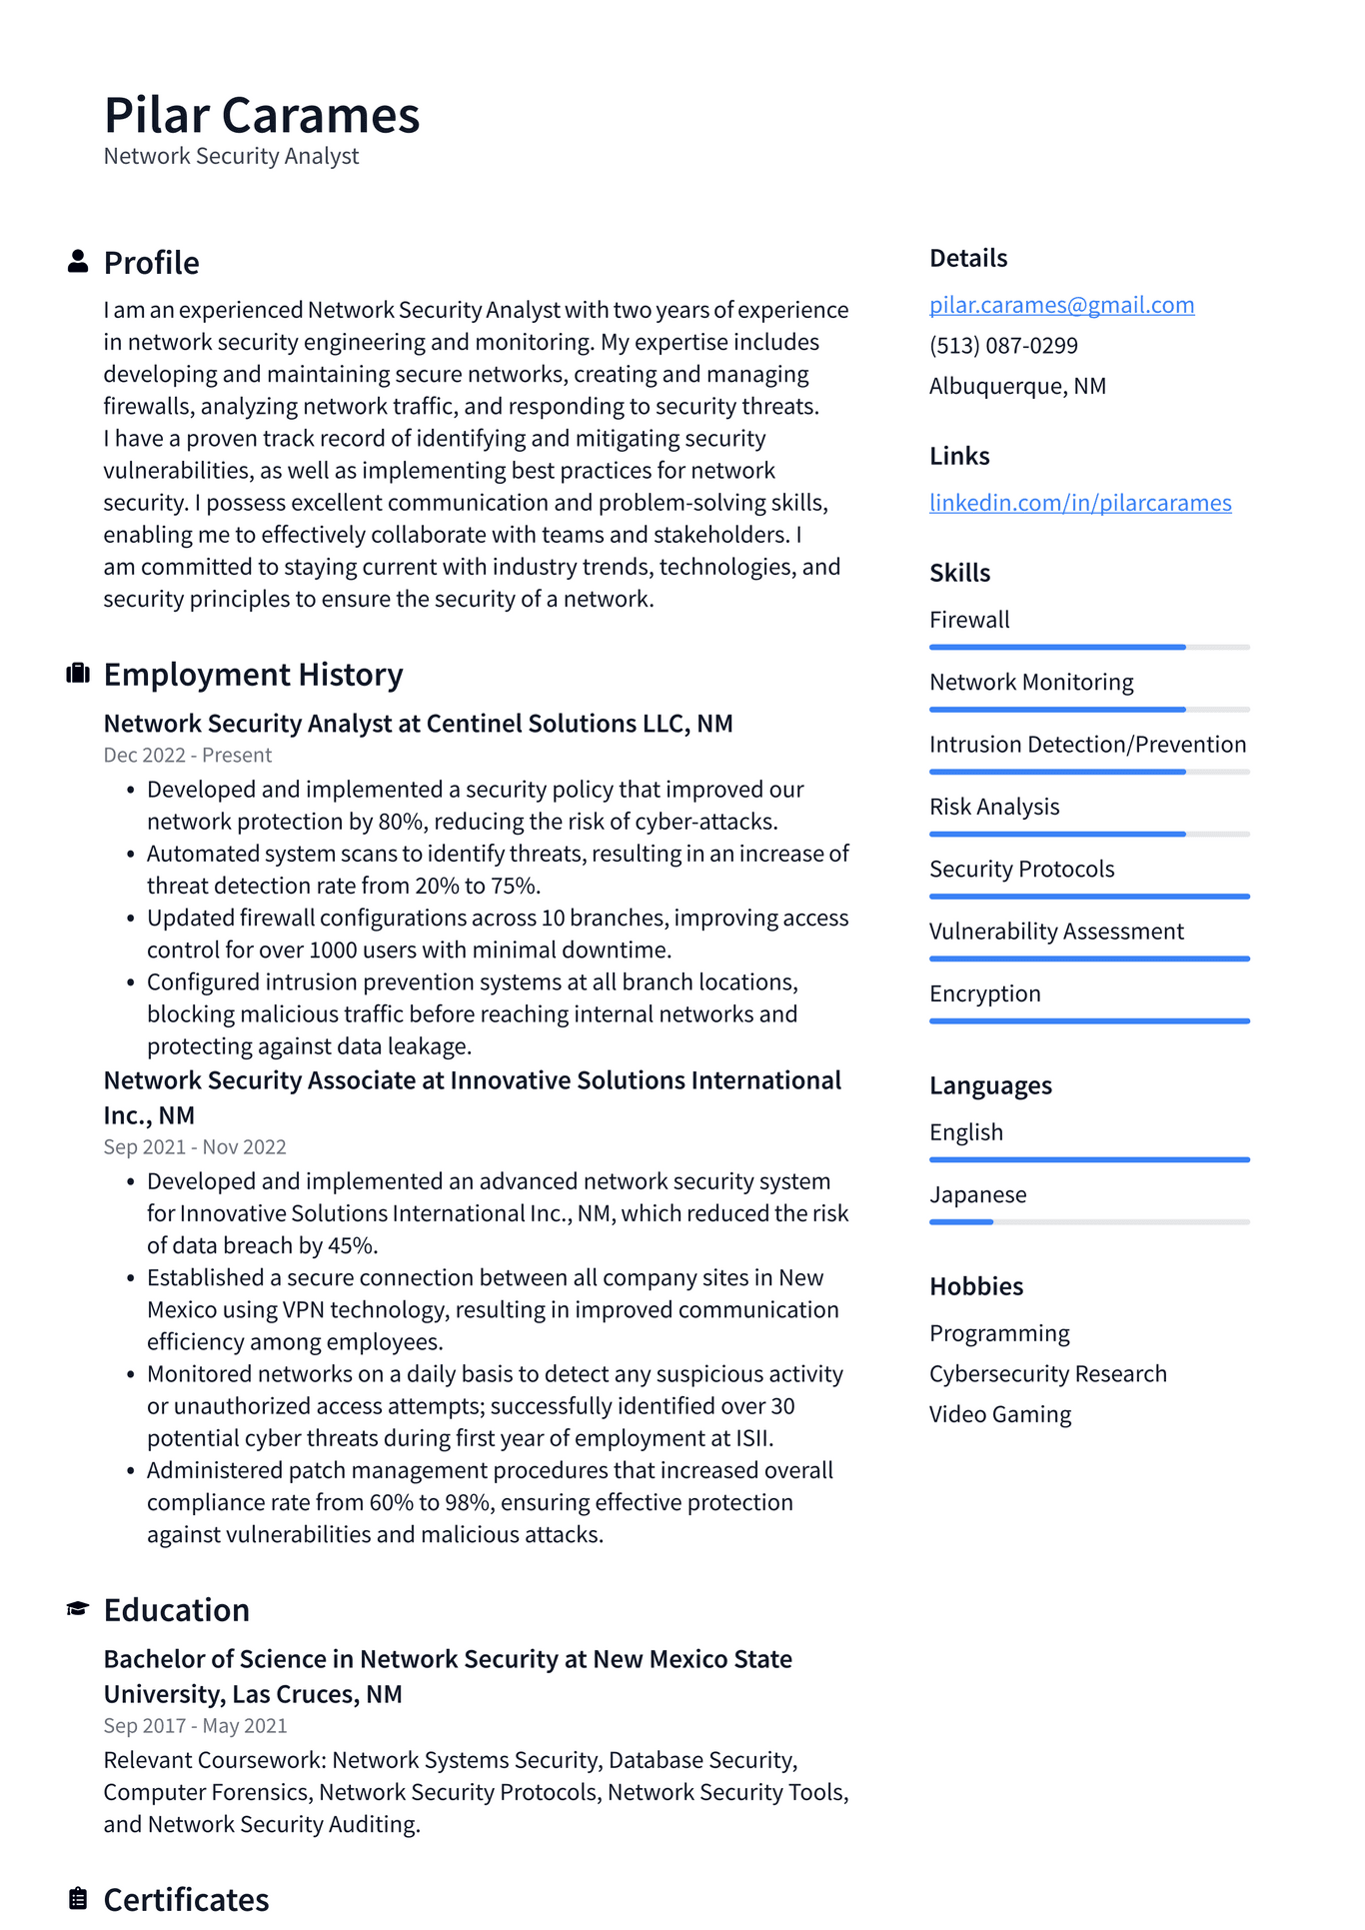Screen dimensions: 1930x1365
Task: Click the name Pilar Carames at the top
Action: [262, 115]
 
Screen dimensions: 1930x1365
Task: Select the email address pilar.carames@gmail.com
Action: [1061, 305]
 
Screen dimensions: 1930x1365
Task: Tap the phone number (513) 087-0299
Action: [1003, 346]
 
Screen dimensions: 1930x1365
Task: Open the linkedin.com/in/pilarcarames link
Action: [1080, 503]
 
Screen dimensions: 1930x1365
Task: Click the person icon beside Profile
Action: [78, 262]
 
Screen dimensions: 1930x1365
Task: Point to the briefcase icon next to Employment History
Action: [78, 674]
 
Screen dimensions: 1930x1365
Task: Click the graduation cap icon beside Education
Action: [78, 1608]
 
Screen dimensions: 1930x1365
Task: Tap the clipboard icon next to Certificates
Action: [78, 1898]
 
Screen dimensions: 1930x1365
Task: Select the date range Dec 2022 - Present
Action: [188, 756]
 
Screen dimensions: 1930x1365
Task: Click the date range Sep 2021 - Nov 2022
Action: [195, 1147]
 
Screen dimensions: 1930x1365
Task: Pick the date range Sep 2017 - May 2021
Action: [195, 1726]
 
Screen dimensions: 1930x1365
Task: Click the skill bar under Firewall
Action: [1089, 648]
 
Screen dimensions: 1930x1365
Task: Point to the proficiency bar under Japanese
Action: [1089, 1221]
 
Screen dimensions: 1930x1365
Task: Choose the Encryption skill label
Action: [985, 993]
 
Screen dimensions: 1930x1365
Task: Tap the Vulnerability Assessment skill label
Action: [1056, 932]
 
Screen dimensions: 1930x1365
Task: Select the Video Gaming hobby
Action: [1000, 1414]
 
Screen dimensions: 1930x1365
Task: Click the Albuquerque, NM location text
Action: [1017, 386]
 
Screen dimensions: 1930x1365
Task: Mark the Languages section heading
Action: [990, 1085]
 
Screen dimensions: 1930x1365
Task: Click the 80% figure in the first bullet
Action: [400, 822]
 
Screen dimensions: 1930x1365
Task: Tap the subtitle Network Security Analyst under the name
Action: [231, 157]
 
